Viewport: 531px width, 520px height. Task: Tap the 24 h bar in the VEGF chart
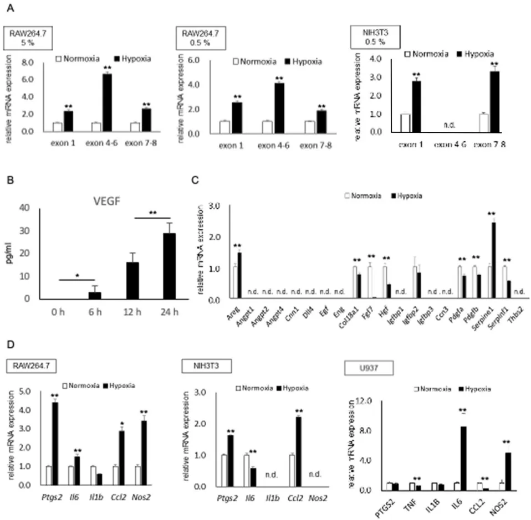[169, 266]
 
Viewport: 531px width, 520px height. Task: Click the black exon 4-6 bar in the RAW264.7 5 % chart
[107, 102]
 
